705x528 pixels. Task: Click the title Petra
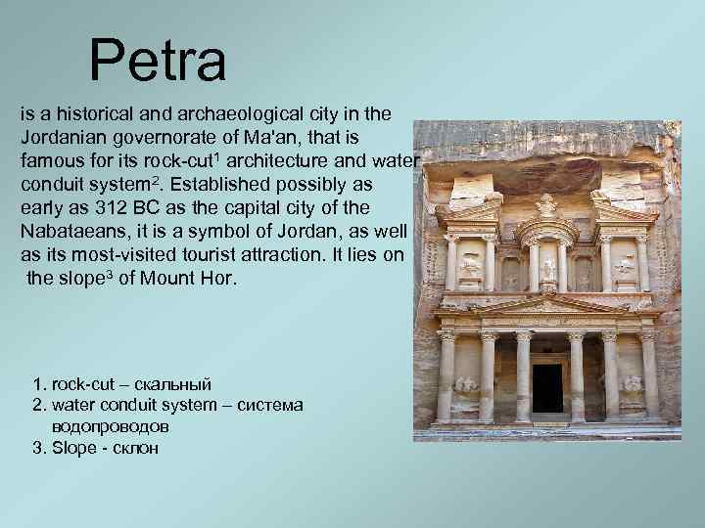click(158, 61)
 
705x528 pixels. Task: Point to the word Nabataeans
click(70, 233)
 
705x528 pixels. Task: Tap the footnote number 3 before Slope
click(38, 449)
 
